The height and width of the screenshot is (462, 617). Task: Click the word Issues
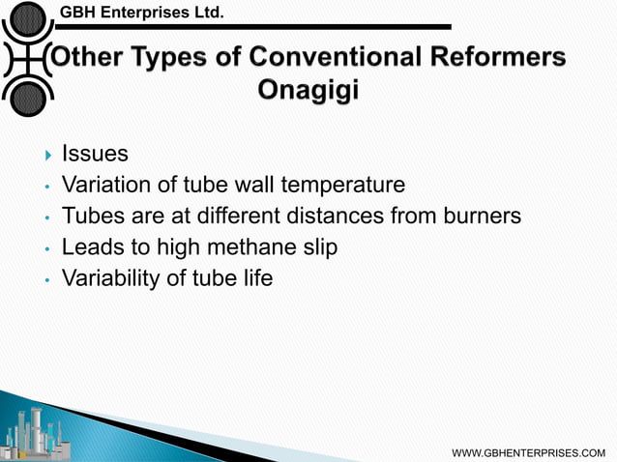95,153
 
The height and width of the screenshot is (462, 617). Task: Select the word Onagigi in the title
308,90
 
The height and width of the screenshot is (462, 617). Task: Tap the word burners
484,216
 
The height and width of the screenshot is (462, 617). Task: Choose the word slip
317,247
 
